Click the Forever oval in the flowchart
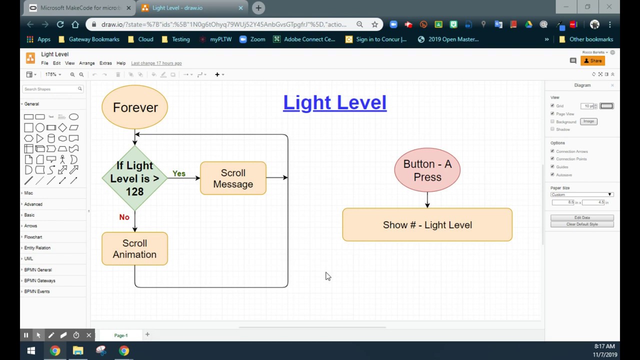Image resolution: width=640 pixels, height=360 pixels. tap(134, 107)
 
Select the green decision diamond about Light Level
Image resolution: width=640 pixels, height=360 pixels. tap(134, 178)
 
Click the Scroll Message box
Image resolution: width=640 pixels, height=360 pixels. tap(233, 178)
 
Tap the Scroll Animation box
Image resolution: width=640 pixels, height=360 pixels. tap(134, 248)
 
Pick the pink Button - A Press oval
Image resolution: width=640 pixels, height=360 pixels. tap(427, 170)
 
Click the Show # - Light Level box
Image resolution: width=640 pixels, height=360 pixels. tap(427, 225)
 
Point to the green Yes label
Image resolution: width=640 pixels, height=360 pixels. tap(179, 173)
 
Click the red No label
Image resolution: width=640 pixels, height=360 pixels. tap(124, 217)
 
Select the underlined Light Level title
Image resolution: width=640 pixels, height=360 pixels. tap(334, 102)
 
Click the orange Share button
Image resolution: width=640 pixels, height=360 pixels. tap(593, 60)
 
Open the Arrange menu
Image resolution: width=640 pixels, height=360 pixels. tap(86, 63)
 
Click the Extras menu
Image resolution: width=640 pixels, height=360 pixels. tap(105, 63)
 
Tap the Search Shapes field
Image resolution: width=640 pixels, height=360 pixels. tap(50, 89)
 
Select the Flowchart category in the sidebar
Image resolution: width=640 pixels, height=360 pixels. tap(33, 237)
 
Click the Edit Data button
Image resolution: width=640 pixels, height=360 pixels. tap(582, 217)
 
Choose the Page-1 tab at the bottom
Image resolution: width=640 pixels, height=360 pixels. tap(120, 335)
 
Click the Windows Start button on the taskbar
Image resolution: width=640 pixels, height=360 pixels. tap(31, 351)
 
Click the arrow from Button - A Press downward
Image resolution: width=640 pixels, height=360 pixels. tap(427, 200)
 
